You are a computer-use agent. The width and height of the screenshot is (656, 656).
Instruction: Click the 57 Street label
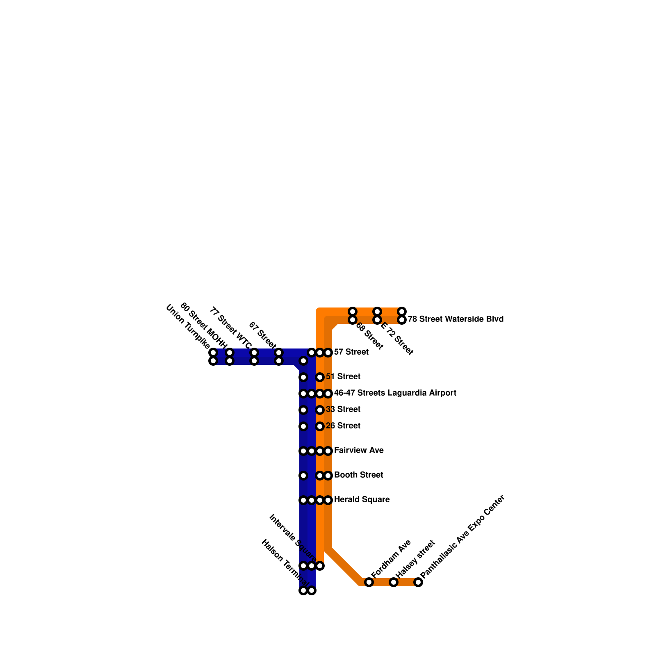[351, 352]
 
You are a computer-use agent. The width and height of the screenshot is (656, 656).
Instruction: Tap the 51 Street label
[343, 377]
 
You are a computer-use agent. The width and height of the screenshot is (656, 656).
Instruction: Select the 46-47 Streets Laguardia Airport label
[395, 393]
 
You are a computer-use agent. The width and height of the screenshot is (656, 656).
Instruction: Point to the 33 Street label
[343, 410]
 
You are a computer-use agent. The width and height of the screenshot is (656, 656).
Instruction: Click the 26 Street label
[343, 426]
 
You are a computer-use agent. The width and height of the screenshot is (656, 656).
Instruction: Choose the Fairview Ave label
[359, 451]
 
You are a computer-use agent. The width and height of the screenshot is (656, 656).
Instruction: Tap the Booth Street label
[358, 475]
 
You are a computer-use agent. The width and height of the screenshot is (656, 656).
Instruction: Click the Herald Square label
[362, 500]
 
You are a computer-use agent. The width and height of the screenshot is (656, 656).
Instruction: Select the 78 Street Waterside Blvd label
[456, 319]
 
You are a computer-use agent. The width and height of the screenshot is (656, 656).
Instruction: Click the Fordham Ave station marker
[369, 582]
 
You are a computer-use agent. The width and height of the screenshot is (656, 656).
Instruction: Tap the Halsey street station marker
[394, 582]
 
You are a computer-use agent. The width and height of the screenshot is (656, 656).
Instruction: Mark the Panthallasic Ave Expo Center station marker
[418, 582]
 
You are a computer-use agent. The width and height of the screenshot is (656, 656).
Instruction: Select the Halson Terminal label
[285, 564]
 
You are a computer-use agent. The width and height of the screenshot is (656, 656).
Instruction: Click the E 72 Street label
[396, 338]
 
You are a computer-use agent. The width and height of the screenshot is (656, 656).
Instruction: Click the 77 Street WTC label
[230, 328]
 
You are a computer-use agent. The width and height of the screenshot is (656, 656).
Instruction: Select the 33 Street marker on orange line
[320, 410]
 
